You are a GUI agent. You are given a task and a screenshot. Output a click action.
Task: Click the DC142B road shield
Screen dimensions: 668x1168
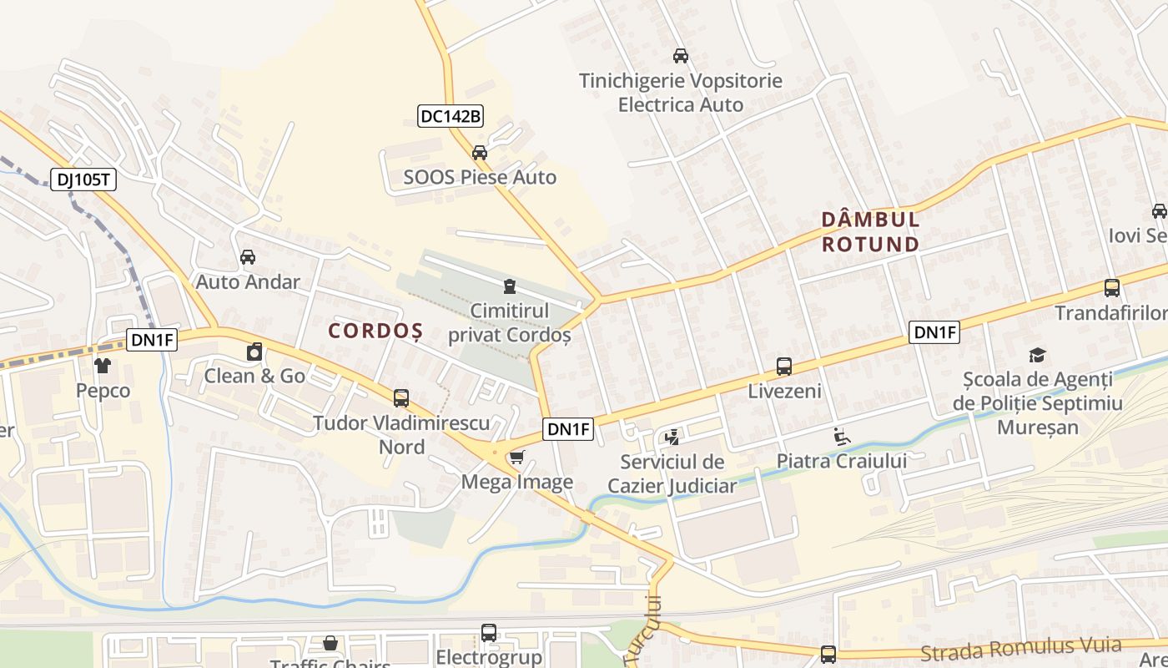451,116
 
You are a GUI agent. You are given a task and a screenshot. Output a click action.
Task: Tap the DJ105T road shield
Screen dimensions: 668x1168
83,180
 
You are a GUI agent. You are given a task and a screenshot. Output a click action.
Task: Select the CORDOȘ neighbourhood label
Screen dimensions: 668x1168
375,331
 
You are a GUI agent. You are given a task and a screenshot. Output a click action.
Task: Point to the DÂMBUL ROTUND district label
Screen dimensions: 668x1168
870,231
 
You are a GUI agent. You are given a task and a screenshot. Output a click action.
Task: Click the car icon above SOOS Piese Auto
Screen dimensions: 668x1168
479,153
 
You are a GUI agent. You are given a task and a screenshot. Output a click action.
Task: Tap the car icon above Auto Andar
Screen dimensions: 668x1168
248,257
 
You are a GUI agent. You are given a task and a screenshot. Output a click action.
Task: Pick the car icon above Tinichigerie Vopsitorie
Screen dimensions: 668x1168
681,56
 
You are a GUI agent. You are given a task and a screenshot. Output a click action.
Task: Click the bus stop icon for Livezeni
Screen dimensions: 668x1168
784,366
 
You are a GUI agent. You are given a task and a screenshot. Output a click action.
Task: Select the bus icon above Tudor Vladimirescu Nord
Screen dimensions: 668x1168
401,398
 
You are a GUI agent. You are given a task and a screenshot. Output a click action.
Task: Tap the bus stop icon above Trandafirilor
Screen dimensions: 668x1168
1112,288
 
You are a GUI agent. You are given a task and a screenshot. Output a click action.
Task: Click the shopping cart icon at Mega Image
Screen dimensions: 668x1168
517,457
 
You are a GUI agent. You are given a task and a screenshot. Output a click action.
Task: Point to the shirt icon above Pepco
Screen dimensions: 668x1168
103,366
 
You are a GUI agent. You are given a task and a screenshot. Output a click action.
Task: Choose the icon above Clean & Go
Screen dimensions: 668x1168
255,352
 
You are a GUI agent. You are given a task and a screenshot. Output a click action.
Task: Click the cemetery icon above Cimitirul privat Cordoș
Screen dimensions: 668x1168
510,286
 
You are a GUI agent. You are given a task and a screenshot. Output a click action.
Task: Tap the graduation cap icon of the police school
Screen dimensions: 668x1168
1037,355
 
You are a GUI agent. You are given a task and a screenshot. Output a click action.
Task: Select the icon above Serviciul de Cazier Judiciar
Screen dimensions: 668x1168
672,437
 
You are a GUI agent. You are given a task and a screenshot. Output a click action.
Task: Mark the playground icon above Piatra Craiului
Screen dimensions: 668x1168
841,436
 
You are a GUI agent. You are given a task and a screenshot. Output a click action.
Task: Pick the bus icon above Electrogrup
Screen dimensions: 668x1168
489,633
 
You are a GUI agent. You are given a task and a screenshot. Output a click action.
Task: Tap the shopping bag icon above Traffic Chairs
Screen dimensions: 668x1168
330,643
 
